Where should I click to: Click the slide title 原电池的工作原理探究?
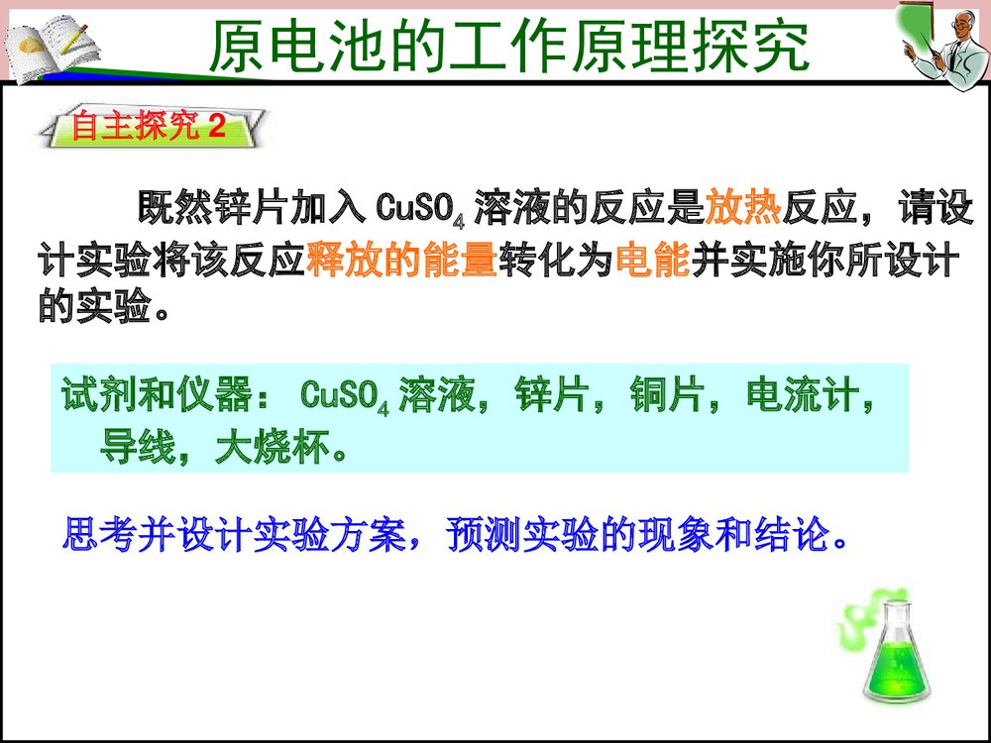pos(509,47)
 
